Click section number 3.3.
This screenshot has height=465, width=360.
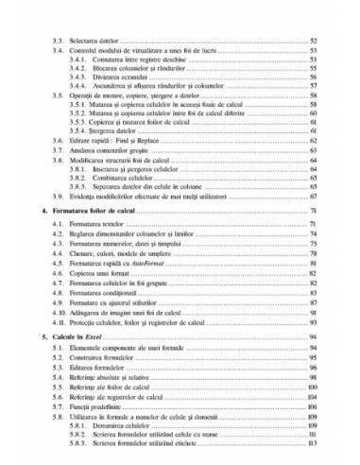[57, 43]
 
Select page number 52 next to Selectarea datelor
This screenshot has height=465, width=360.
[312, 43]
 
